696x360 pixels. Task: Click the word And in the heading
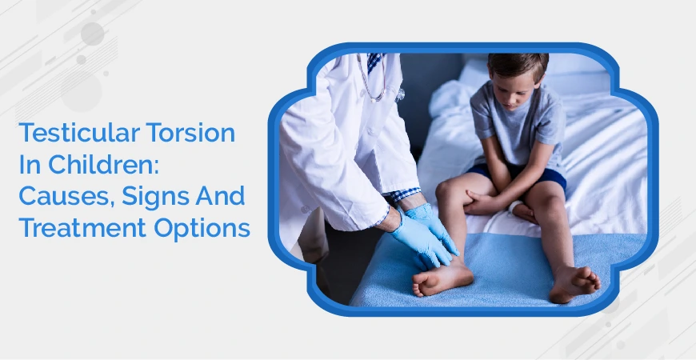tap(224, 196)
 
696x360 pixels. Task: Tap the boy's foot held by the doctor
tap(442, 277)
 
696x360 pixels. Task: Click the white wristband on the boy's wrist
tap(514, 206)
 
